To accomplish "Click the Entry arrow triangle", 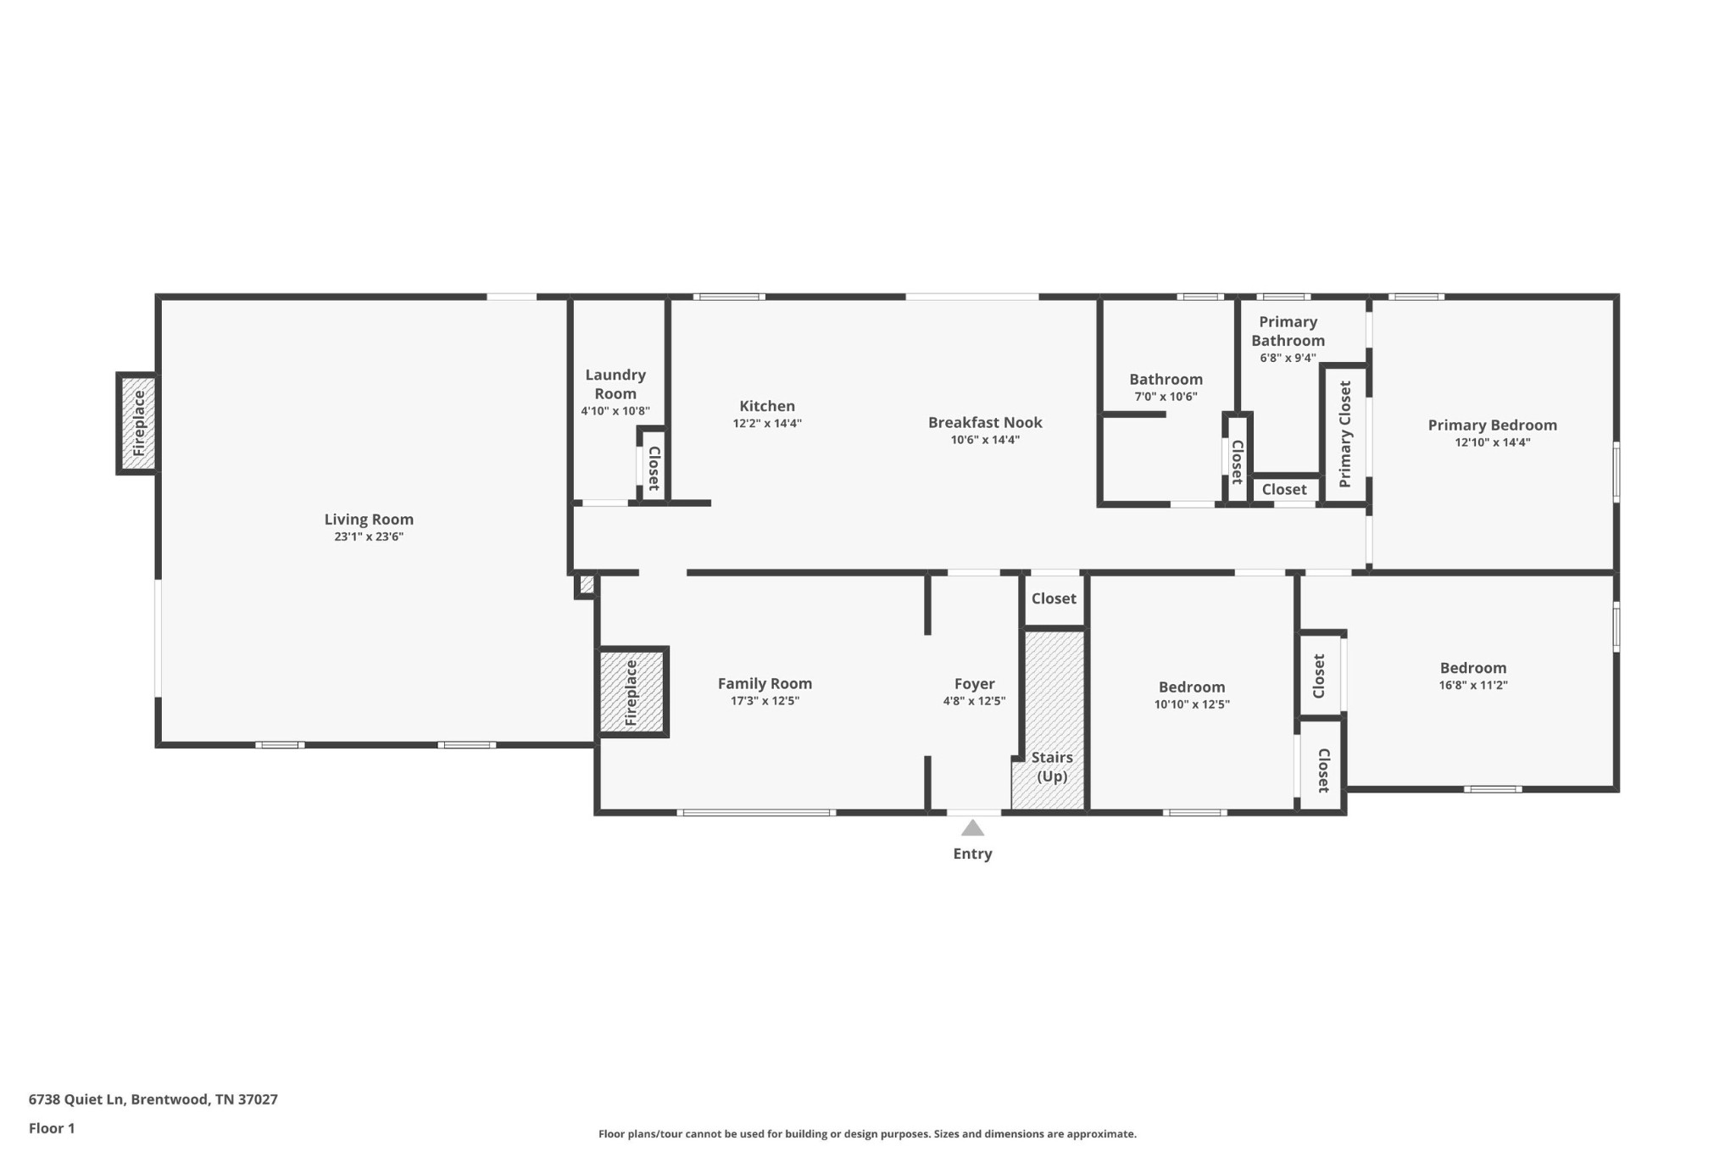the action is click(x=972, y=828).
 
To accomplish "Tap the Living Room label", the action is click(x=369, y=520).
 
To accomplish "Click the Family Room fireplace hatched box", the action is click(x=632, y=692).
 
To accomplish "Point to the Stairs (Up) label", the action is click(x=1052, y=767).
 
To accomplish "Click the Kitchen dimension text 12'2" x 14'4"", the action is click(x=767, y=424).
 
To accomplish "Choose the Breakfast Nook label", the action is click(x=985, y=422).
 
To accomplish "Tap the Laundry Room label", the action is click(x=615, y=384).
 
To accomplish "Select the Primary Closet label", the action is click(x=1345, y=434).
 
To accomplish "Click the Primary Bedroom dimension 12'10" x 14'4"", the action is click(x=1493, y=442).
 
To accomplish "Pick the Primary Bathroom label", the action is click(x=1288, y=331).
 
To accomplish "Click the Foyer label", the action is click(x=974, y=683).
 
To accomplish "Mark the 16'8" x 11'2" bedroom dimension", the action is click(x=1473, y=685).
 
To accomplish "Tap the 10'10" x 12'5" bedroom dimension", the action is click(x=1192, y=704).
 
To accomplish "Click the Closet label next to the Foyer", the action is click(x=1054, y=598).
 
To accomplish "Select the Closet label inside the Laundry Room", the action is click(x=654, y=469).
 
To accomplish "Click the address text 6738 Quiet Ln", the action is click(x=76, y=1099).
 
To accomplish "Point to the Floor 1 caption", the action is click(x=52, y=1128).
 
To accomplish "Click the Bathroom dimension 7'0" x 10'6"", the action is click(x=1166, y=397).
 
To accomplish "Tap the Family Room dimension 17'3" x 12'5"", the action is click(x=765, y=701).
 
